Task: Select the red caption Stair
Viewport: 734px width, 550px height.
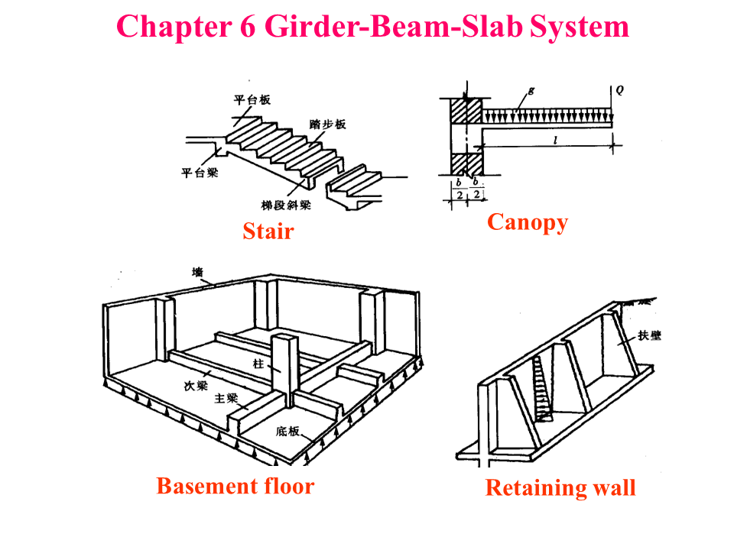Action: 268,231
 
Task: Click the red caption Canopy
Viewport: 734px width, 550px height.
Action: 528,222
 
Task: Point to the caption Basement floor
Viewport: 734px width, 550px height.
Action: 235,486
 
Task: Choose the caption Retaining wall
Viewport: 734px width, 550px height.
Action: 560,487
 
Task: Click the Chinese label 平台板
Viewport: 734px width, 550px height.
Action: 252,100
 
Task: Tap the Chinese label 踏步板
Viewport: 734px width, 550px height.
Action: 328,124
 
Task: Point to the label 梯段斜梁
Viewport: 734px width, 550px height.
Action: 284,205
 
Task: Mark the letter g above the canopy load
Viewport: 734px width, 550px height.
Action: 531,90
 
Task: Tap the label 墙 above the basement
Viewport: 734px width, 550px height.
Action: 197,272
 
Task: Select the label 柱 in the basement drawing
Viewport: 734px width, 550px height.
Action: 258,364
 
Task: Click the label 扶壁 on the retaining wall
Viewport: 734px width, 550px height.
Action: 650,337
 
